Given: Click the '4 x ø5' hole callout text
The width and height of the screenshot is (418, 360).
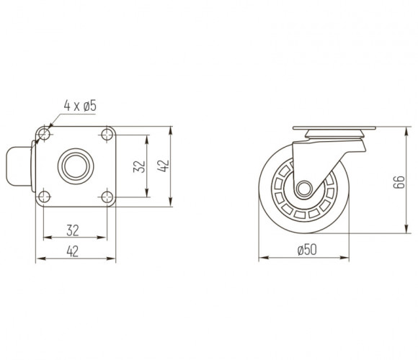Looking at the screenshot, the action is [80, 106].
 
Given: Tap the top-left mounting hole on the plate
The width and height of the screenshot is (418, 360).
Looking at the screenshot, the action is [44, 134].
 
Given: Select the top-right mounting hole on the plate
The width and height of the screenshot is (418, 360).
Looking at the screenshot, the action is [107, 134].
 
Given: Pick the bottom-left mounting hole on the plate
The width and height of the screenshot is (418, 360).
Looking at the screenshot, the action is [44, 197].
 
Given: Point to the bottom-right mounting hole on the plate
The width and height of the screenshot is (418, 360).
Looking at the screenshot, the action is [107, 197].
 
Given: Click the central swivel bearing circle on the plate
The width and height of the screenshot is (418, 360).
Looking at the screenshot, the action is [76, 166].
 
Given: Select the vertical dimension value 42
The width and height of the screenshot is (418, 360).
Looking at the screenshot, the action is [163, 166].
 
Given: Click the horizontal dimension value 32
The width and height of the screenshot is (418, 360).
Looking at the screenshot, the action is [73, 230].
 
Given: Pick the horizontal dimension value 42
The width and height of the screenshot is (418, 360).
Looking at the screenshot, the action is [73, 251].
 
